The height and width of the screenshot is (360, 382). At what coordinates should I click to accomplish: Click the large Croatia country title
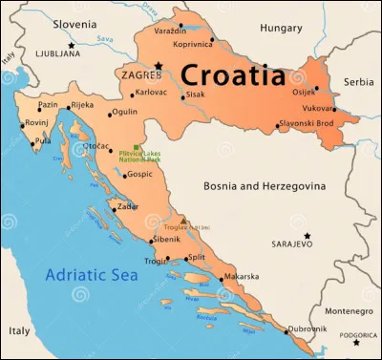coord(233,74)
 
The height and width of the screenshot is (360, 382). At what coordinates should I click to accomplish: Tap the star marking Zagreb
coord(160,66)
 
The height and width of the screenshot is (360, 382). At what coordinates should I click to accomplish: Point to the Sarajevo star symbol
coord(308,235)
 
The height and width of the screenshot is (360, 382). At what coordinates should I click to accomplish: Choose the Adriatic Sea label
coord(93,277)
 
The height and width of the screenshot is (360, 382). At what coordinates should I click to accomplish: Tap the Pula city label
coord(43,141)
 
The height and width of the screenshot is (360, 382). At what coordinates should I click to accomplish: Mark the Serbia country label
coord(359,82)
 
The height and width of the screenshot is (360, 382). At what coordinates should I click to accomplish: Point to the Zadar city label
coord(127,205)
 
